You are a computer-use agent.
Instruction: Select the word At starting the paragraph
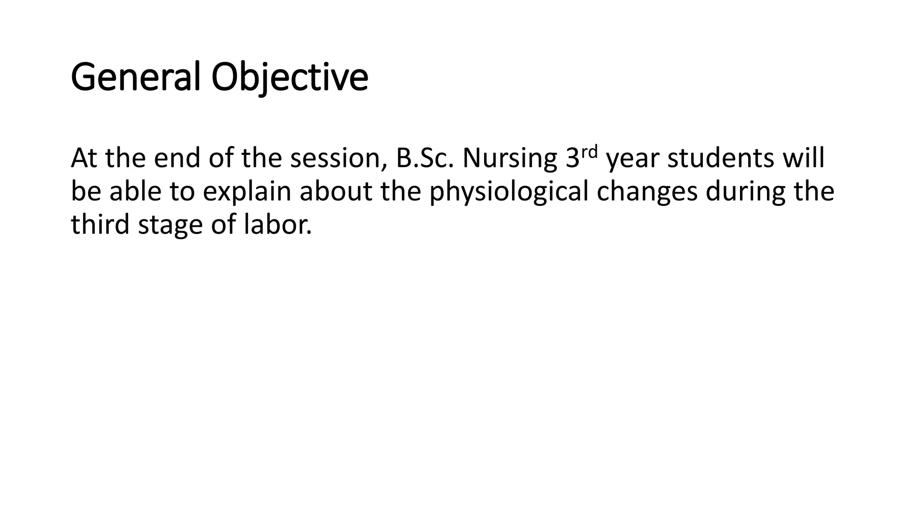coord(84,158)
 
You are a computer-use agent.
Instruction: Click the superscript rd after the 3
coord(590,151)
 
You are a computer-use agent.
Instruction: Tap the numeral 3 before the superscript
coord(572,158)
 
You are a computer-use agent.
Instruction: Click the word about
coord(336,191)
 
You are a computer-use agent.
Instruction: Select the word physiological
coord(508,192)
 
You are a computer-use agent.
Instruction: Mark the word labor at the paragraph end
coord(277,224)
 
